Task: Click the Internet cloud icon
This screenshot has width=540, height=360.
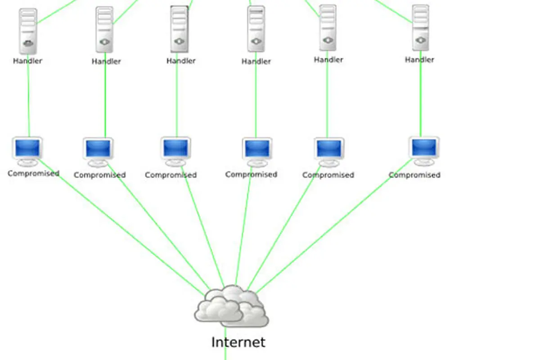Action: point(231,306)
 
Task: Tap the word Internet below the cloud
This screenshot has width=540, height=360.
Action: point(238,342)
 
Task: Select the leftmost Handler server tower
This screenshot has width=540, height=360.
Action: point(28,31)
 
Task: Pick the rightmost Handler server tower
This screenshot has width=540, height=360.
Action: point(420,28)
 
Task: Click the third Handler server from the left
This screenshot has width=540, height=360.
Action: point(180,29)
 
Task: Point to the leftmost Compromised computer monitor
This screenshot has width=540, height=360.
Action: point(27,152)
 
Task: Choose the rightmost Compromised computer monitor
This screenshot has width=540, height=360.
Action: point(424,151)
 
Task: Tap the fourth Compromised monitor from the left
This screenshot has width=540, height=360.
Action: point(257,152)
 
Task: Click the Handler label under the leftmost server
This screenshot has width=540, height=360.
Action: point(27,61)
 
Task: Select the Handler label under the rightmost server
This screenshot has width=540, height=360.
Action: point(419,59)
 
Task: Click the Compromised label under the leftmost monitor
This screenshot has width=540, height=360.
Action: point(33,173)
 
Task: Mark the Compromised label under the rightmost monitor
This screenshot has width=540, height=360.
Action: point(414,175)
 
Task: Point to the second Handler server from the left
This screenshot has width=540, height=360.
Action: point(104,30)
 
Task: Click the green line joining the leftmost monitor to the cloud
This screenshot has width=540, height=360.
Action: point(121,227)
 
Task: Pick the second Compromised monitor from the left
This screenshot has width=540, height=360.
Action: point(98,153)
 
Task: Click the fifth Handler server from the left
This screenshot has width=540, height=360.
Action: point(328,28)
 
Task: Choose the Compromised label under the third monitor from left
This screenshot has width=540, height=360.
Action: point(171,175)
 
